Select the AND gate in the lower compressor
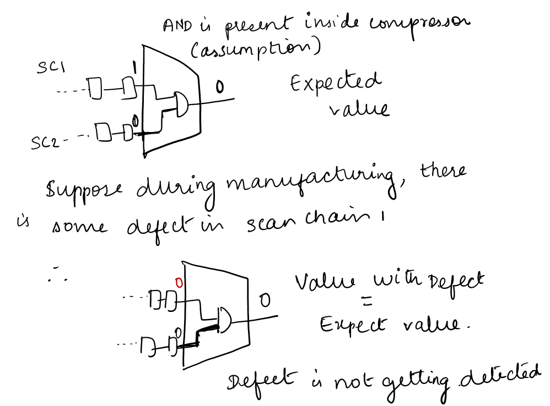click(224, 320)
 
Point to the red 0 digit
click(178, 282)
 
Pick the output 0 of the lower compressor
click(265, 300)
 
